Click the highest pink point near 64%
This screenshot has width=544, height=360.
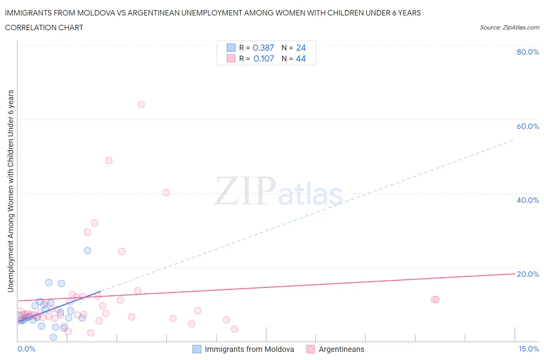click(x=141, y=105)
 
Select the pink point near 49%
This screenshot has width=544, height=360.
click(x=109, y=161)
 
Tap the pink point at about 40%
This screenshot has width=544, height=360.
click(x=166, y=192)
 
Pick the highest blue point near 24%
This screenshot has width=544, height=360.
click(x=87, y=250)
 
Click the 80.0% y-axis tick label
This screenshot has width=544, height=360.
click(x=528, y=52)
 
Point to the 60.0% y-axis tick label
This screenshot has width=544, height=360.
click(x=528, y=126)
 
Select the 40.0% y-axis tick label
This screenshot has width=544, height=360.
click(x=528, y=200)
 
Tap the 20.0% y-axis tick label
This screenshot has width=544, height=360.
click(x=528, y=274)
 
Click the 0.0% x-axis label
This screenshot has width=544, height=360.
click(x=26, y=349)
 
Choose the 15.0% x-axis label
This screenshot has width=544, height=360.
click(x=529, y=349)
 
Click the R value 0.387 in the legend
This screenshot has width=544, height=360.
click(x=263, y=48)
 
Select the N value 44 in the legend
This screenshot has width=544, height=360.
click(x=301, y=58)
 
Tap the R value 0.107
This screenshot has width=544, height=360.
click(x=263, y=58)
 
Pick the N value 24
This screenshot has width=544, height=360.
click(x=301, y=48)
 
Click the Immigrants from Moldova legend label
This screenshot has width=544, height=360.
click(x=249, y=349)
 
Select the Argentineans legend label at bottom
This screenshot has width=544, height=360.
click(x=341, y=349)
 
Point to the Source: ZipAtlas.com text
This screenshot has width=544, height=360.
click(x=509, y=27)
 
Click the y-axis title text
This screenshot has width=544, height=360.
click(x=10, y=191)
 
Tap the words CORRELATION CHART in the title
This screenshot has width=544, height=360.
click(x=44, y=27)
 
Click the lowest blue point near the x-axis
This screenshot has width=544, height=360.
click(x=53, y=337)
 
